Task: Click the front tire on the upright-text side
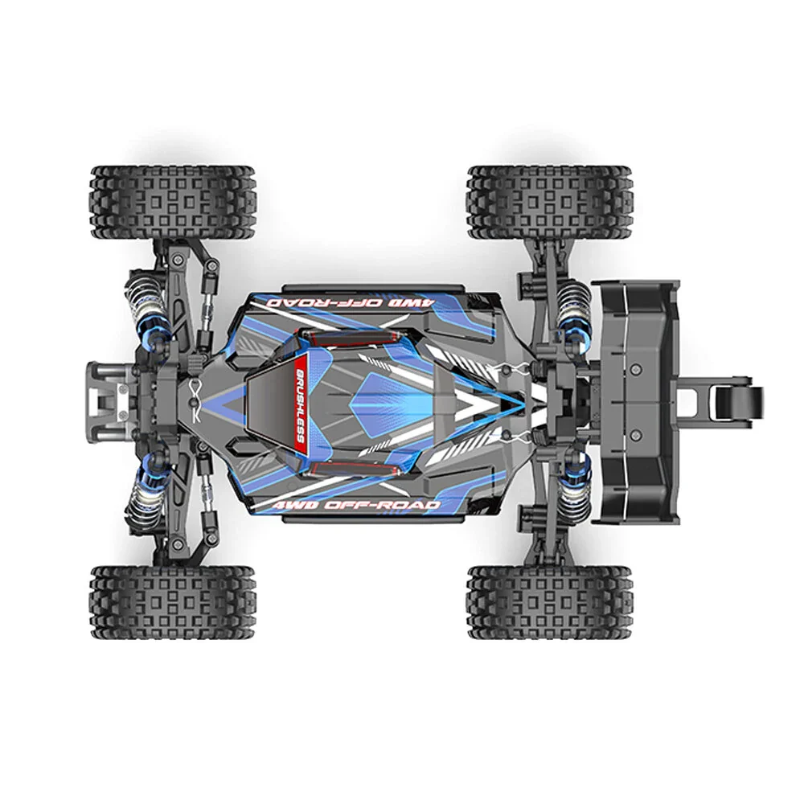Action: [172, 602]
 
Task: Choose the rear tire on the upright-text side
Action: [550, 602]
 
